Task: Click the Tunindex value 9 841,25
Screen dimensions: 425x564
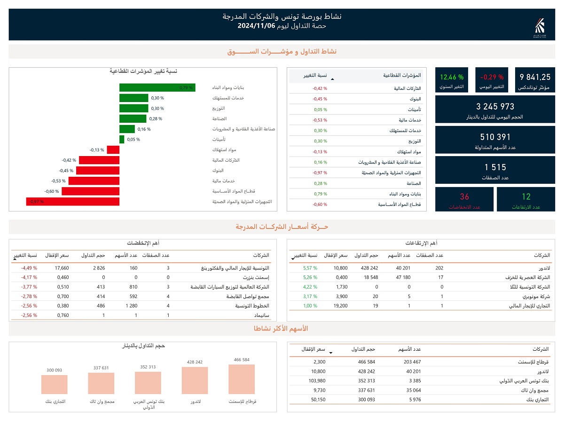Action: pos(535,77)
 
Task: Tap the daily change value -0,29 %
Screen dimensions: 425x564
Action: pos(492,77)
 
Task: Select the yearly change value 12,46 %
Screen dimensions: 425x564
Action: pos(452,77)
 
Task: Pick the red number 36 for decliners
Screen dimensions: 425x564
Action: pos(464,197)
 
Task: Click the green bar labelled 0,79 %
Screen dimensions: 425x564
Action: pos(157,87)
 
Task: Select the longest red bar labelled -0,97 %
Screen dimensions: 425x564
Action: pos(73,202)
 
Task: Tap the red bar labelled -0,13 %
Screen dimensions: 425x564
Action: pos(113,150)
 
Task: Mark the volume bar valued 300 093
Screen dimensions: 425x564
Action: pos(54,385)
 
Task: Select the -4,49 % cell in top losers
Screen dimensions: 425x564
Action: pos(29,268)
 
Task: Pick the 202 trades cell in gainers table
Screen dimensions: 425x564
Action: pos(439,268)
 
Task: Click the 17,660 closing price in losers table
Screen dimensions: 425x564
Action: pos(62,268)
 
